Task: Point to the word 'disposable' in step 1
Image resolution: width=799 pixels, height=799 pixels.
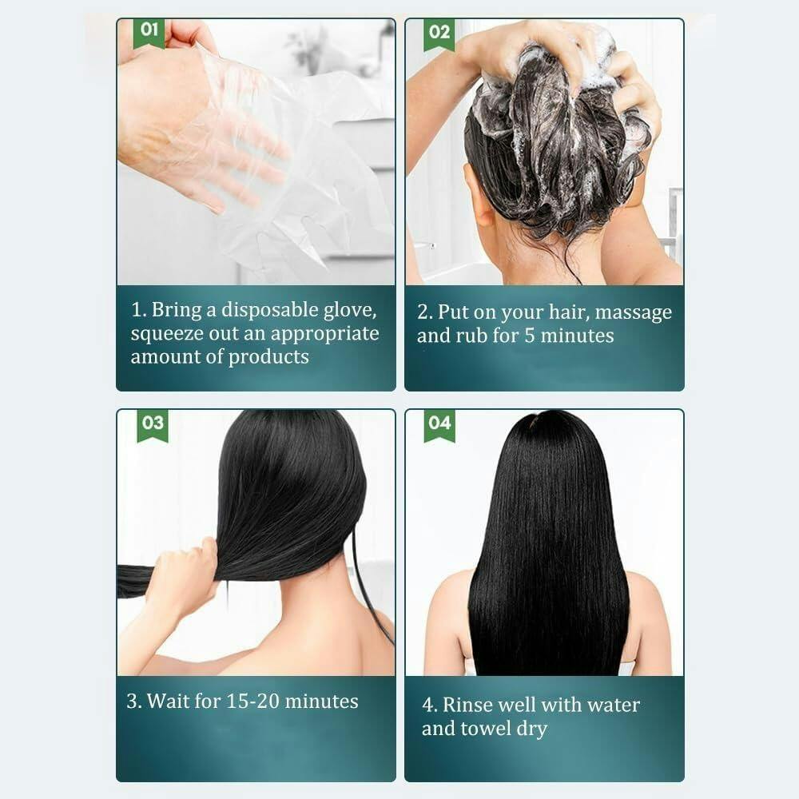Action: point(269,311)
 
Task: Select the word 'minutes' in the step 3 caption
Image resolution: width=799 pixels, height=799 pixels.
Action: point(321,702)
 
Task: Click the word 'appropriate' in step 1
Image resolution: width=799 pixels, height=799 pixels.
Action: point(324,335)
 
